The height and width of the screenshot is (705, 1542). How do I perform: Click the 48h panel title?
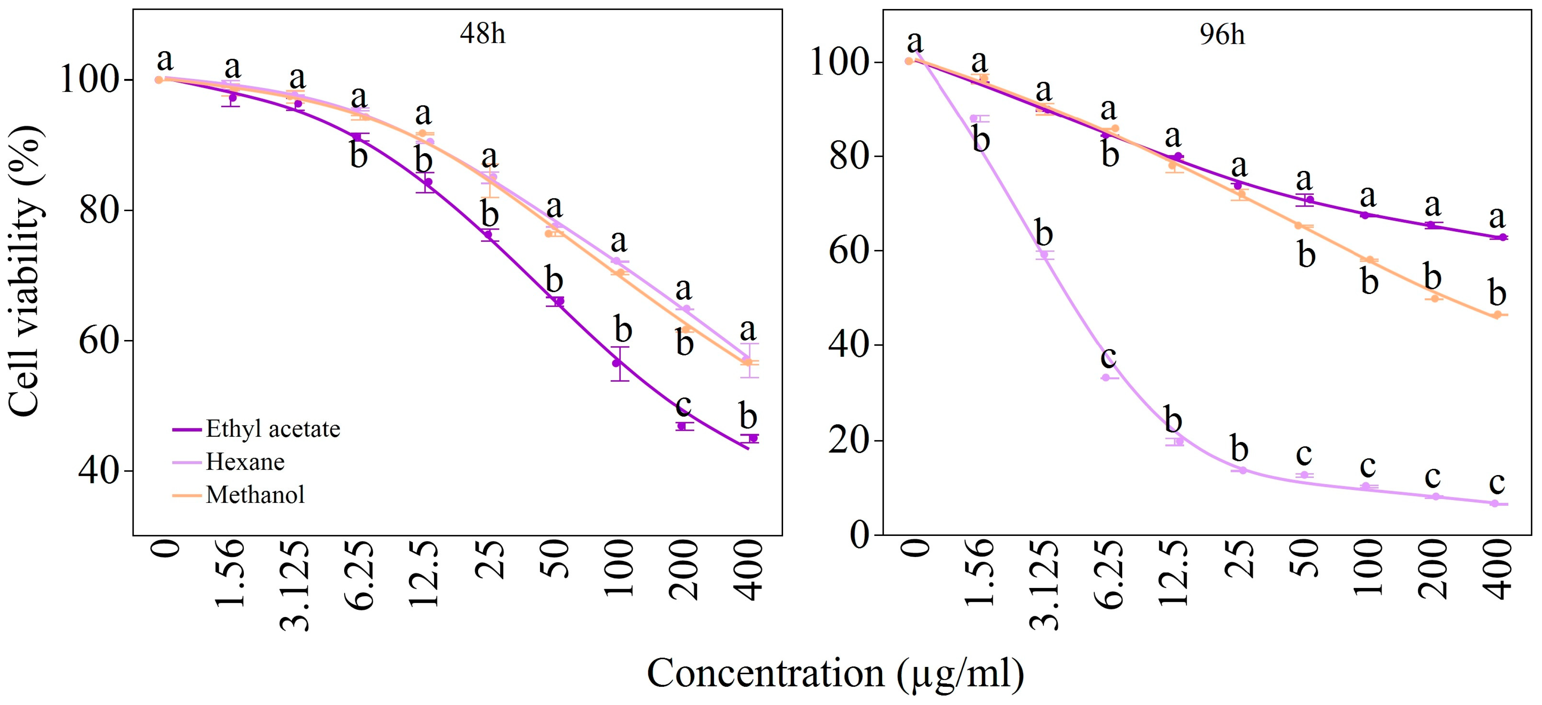pos(482,34)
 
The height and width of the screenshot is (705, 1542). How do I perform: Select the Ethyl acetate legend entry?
pos(272,429)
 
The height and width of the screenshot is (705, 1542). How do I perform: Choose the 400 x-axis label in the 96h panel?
pos(1498,568)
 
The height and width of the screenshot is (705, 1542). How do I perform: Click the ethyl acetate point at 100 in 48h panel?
pos(616,363)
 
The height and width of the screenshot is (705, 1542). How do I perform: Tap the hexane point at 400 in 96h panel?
pos(1494,503)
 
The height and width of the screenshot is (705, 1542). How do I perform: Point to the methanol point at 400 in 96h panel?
pos(1496,315)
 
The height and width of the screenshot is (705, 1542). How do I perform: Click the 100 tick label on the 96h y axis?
pos(836,62)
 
